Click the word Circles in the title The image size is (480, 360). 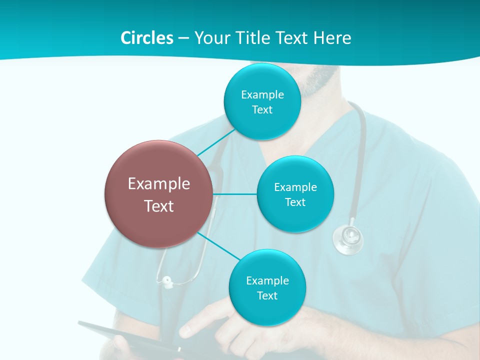coord(146,38)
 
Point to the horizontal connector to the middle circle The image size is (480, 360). coord(234,194)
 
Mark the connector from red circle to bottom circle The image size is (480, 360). coord(219,245)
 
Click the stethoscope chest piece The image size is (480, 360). coord(348,237)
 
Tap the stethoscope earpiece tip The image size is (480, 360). coord(165,280)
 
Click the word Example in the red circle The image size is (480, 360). coord(159,184)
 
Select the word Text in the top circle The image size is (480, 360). coord(262,109)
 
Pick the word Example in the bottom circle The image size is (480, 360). coord(267,280)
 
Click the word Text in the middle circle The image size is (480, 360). coord(295,202)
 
